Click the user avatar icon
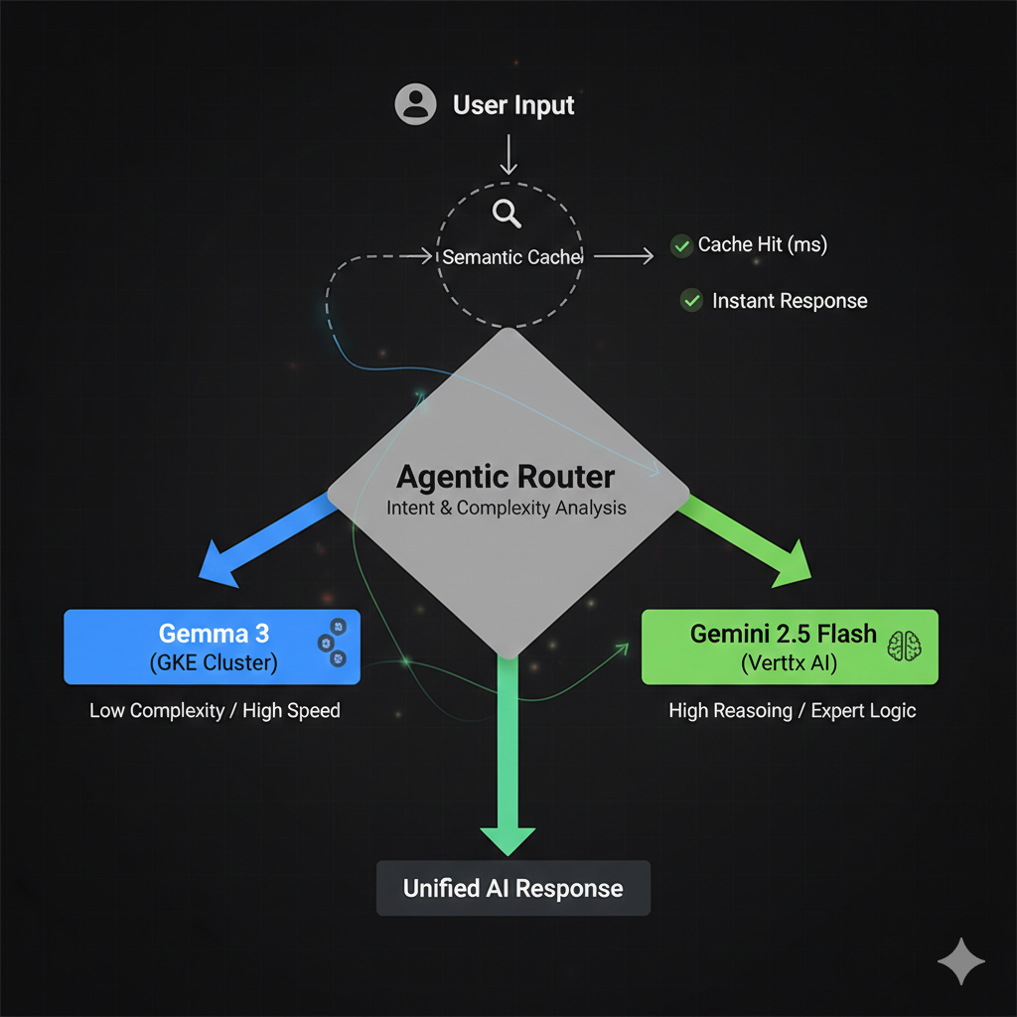pyautogui.click(x=415, y=103)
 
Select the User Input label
pyautogui.click(x=513, y=105)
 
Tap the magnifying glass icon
pyautogui.click(x=507, y=214)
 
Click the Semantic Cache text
pyautogui.click(x=511, y=257)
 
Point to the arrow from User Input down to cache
pyautogui.click(x=508, y=154)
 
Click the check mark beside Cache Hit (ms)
pyautogui.click(x=681, y=246)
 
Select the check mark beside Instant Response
pyautogui.click(x=691, y=300)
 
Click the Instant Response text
pyautogui.click(x=790, y=301)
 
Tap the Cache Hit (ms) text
pyautogui.click(x=762, y=244)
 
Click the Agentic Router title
pyautogui.click(x=506, y=477)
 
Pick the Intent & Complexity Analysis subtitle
pyautogui.click(x=506, y=508)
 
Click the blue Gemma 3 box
pyautogui.click(x=213, y=647)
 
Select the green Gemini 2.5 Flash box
pyautogui.click(x=790, y=647)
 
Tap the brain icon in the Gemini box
pyautogui.click(x=904, y=646)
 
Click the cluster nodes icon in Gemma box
pyautogui.click(x=332, y=643)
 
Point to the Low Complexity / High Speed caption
pyautogui.click(x=215, y=711)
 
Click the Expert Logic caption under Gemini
pyautogui.click(x=863, y=711)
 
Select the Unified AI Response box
pyautogui.click(x=513, y=888)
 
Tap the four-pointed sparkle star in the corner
pyautogui.click(x=961, y=961)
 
